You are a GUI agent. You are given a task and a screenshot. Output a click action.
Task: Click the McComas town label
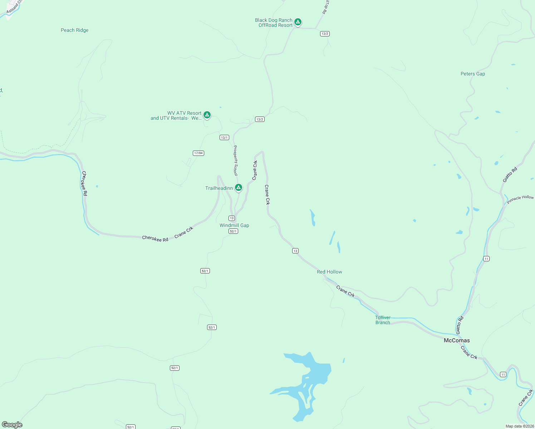[457, 340]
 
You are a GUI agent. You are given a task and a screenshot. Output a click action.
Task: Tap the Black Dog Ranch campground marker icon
[298, 22]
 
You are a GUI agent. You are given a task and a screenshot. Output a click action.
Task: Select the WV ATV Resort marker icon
[207, 115]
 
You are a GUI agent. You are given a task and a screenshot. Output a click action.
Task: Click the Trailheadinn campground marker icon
[239, 187]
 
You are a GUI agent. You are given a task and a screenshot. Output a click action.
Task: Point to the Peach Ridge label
[74, 30]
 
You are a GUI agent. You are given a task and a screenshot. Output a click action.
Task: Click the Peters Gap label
[473, 74]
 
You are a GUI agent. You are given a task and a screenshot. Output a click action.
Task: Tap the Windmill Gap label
[234, 225]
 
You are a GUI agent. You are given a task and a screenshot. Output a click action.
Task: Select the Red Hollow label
[329, 272]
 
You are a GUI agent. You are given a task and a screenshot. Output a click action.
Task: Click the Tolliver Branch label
[383, 320]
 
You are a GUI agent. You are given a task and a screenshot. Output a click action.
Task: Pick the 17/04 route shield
[198, 153]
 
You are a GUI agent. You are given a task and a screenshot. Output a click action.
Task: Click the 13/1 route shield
[224, 137]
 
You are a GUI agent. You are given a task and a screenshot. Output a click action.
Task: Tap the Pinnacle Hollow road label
[520, 199]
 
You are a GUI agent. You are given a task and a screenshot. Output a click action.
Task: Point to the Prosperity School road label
[235, 160]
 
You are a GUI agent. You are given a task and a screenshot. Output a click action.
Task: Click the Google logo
[12, 425]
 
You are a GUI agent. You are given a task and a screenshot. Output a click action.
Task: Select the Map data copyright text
[520, 426]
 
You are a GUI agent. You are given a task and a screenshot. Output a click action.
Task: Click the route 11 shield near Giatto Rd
[486, 258]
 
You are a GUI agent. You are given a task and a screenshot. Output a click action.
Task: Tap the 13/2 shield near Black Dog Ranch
[325, 34]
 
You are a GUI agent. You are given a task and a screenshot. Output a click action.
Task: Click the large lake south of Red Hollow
[311, 375]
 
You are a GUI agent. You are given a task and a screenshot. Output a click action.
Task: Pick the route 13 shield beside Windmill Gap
[232, 218]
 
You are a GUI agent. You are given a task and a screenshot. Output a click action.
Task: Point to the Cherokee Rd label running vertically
[84, 183]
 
